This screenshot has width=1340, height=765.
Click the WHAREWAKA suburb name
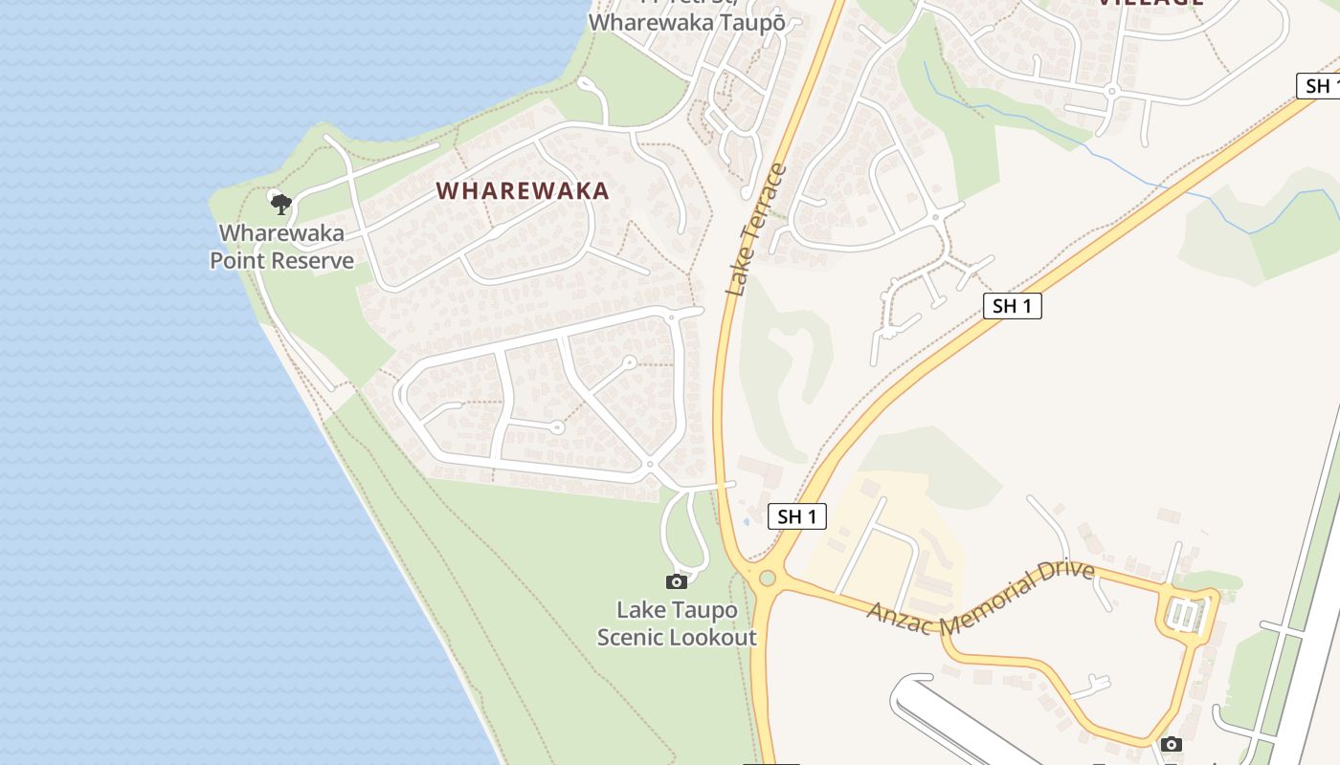point(523,190)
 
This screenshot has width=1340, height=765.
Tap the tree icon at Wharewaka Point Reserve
point(279,203)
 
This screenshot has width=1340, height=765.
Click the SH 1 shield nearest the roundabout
point(796,517)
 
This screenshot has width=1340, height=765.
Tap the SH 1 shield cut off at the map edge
point(1319,85)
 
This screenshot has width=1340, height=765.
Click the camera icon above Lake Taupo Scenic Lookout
point(677,581)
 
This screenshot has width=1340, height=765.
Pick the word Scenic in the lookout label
point(632,637)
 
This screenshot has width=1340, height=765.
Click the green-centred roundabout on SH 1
point(767,579)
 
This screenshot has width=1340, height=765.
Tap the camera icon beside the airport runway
point(1170,744)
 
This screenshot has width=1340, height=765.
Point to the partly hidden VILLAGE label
point(1149,3)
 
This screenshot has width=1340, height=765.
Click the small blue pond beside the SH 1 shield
point(746,521)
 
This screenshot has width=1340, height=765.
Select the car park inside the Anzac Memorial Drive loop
point(1186,614)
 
